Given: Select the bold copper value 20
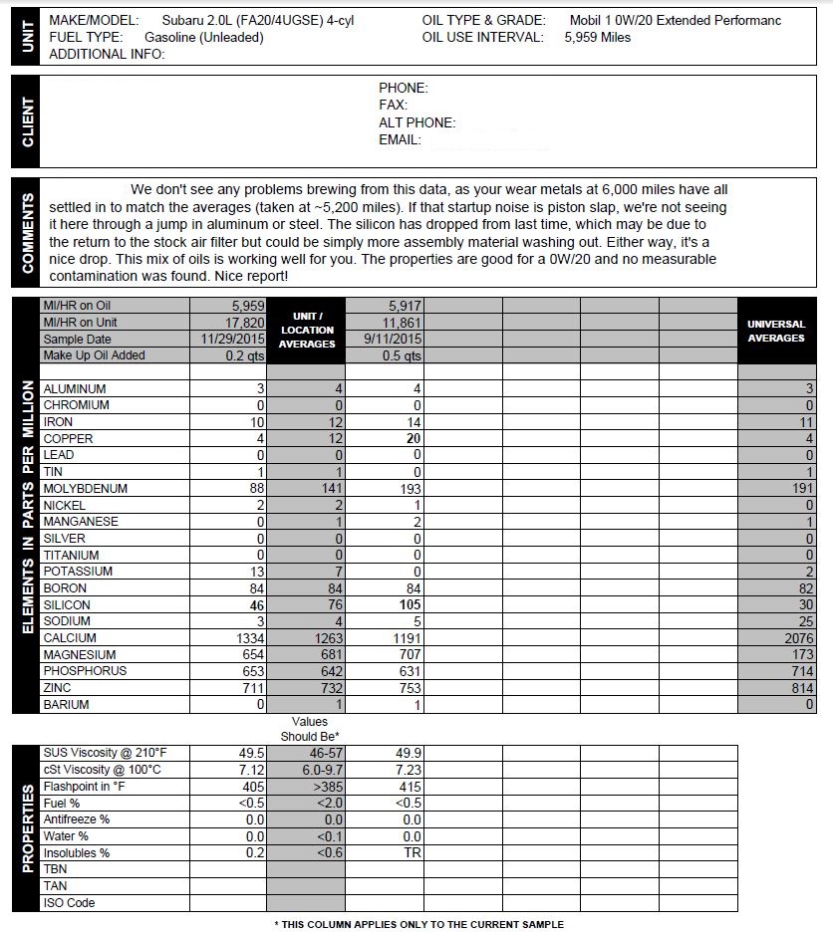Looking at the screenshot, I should (411, 439).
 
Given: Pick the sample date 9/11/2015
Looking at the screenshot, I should (393, 340).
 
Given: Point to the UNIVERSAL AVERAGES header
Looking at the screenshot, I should (775, 332).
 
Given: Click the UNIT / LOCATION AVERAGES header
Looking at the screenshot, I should (307, 331).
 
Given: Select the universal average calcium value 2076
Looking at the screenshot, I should (798, 638).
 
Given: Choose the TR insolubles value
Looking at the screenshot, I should (411, 853).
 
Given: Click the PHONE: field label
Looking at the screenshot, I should (403, 89).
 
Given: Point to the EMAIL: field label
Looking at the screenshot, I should (400, 140).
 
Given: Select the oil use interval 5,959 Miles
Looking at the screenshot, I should (597, 38).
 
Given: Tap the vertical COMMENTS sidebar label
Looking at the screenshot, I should (27, 233).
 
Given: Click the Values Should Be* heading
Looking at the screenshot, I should (309, 729).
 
